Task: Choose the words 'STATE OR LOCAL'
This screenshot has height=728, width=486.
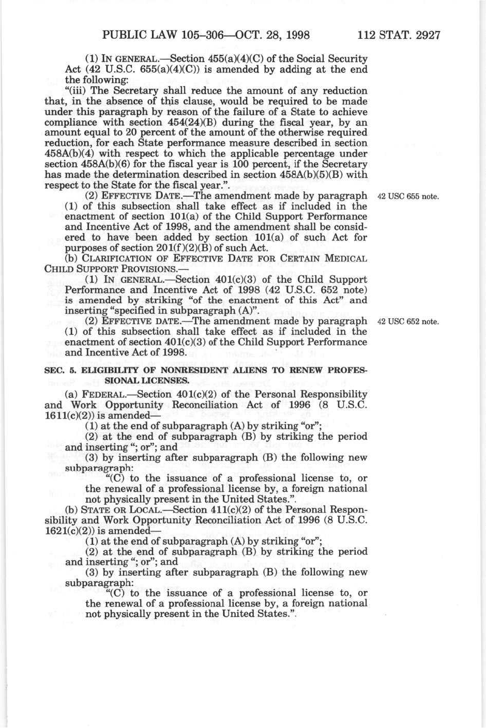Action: click(x=110, y=509)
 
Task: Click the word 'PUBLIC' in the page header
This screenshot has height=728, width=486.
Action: click(x=122, y=36)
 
